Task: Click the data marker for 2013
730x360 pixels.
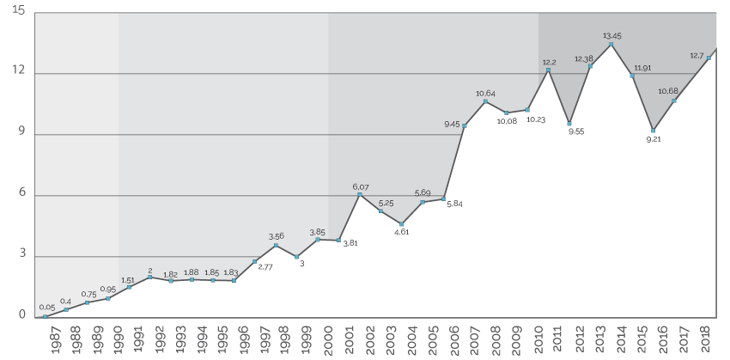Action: (611, 44)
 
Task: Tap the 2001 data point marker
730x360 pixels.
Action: (359, 194)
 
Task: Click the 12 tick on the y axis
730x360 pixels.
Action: (19, 72)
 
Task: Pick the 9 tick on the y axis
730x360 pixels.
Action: (21, 133)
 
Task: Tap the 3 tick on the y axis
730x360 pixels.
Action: (21, 255)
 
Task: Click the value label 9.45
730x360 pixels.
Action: (453, 125)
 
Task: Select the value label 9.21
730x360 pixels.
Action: (654, 139)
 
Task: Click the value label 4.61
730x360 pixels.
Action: (401, 233)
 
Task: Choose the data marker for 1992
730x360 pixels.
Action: (149, 277)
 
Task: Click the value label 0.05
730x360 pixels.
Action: (47, 308)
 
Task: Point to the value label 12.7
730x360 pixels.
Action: (697, 56)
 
